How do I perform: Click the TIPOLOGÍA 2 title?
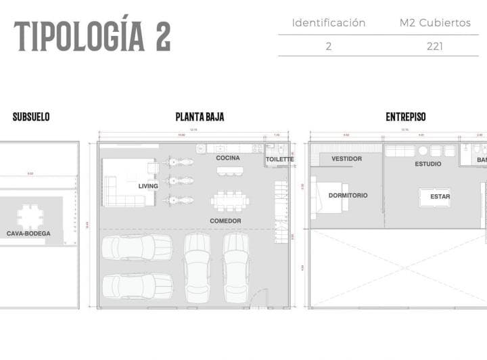92,36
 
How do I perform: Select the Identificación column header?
328,23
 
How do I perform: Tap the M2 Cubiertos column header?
435,23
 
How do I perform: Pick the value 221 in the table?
435,47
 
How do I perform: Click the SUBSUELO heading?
31,117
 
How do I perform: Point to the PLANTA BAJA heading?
200,117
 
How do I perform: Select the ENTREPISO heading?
406,117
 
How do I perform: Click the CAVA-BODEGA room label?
28,233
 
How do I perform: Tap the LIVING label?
148,186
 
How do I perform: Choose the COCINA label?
228,158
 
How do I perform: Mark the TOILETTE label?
279,160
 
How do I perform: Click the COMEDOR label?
225,221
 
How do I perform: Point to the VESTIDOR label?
346,159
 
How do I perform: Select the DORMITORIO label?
348,196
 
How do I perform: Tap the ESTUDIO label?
428,164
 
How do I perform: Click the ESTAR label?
440,197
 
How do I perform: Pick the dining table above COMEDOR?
230,200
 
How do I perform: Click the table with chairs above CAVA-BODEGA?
30,216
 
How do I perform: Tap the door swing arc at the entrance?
257,298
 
